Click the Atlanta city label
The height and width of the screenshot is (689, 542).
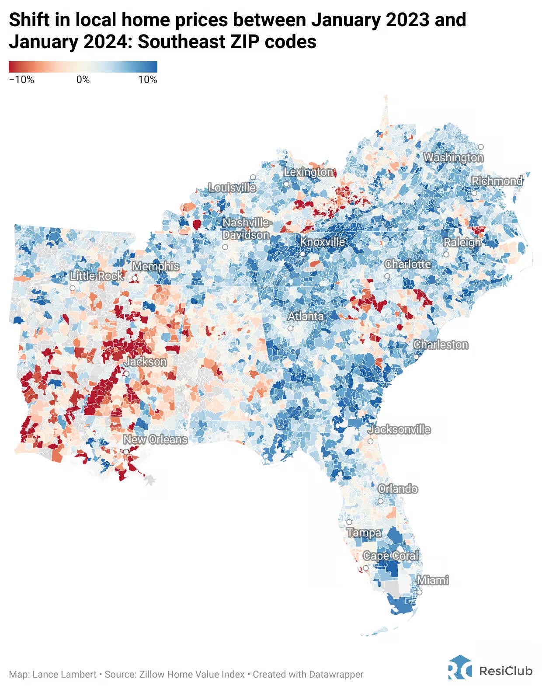pyautogui.click(x=306, y=316)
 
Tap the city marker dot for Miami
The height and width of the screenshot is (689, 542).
pyautogui.click(x=419, y=592)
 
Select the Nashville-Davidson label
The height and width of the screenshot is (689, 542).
pyautogui.click(x=247, y=229)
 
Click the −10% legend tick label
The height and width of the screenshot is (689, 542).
pyautogui.click(x=21, y=80)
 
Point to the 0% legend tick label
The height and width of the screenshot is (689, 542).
pyautogui.click(x=83, y=80)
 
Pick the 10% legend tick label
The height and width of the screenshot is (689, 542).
pyautogui.click(x=147, y=80)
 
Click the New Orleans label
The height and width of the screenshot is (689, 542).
pyautogui.click(x=155, y=439)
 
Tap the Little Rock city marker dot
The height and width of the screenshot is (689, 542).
pyautogui.click(x=73, y=288)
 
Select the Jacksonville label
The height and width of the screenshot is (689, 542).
pyautogui.click(x=399, y=429)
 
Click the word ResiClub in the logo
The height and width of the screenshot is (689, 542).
pyautogui.click(x=506, y=670)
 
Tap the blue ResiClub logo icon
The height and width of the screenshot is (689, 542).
pyautogui.click(x=459, y=668)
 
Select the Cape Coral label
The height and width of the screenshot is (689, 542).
pyautogui.click(x=390, y=556)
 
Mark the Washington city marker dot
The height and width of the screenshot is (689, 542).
pyautogui.click(x=481, y=147)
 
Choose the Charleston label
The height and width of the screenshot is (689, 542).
pyautogui.click(x=441, y=344)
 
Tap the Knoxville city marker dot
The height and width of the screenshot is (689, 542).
pyautogui.click(x=302, y=254)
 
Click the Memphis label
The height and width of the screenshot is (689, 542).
pyautogui.click(x=156, y=266)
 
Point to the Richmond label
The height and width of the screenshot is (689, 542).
pyautogui.click(x=497, y=181)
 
